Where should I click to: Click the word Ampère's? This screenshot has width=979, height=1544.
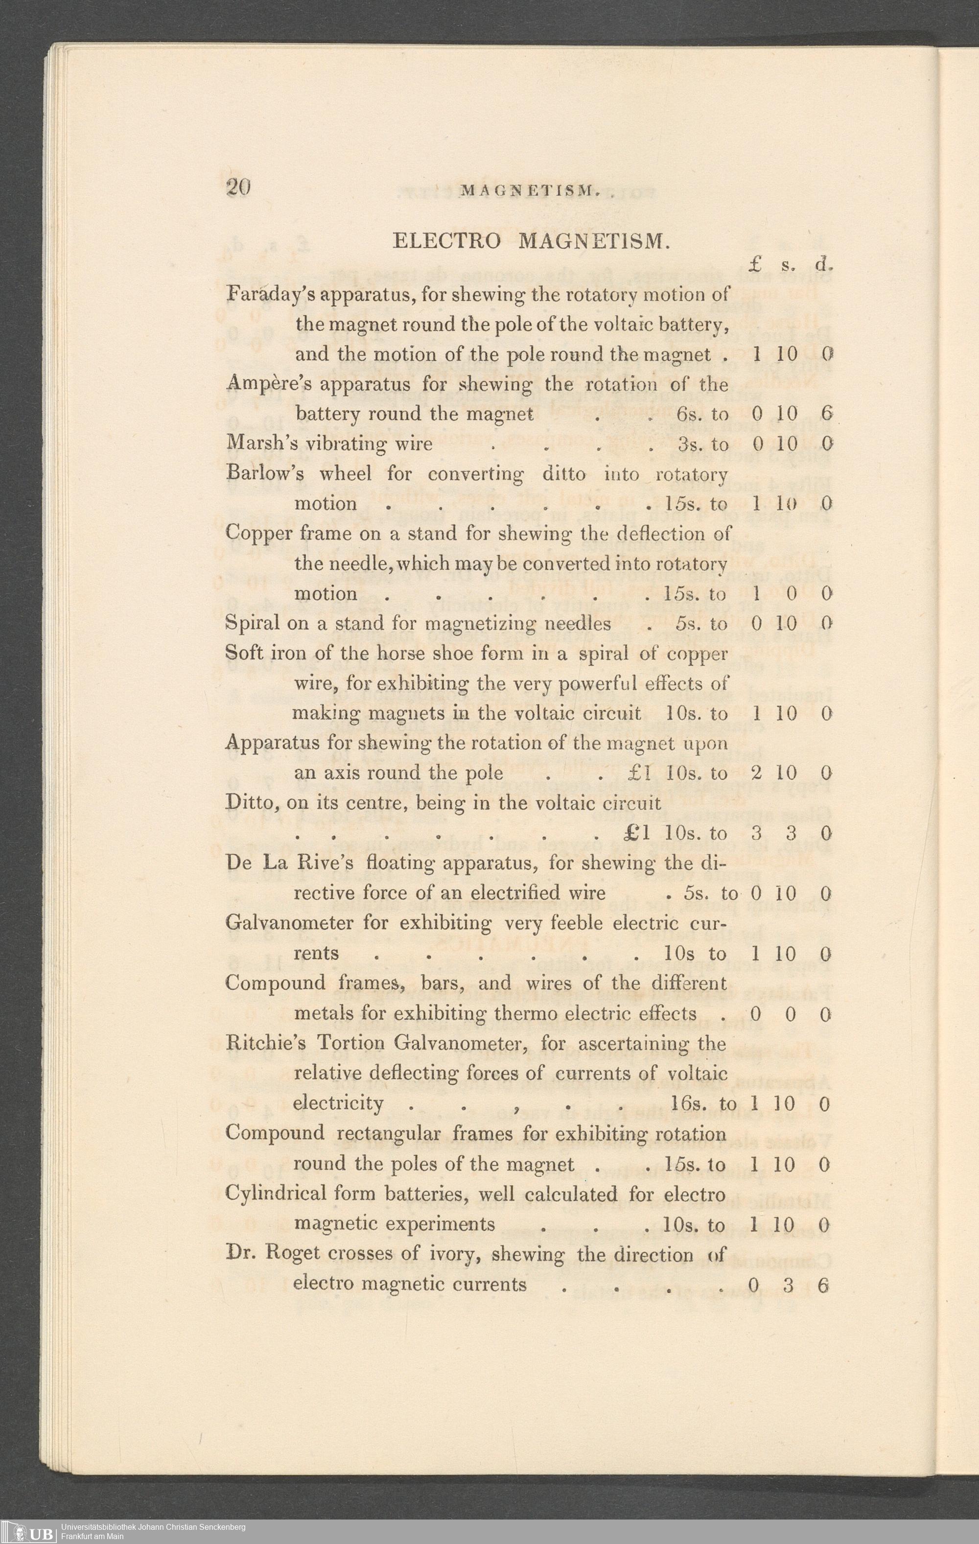click(269, 385)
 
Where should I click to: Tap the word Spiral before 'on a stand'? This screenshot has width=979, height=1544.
click(253, 623)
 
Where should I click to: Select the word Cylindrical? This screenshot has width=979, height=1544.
click(275, 1194)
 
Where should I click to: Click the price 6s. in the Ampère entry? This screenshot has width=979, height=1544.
click(690, 414)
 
